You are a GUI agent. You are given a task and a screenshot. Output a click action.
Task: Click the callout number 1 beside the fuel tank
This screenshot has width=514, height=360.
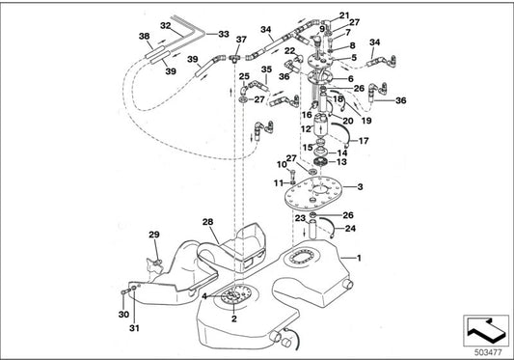pos(360,259)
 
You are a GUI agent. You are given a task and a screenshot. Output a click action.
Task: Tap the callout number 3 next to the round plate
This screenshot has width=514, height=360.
pos(360,186)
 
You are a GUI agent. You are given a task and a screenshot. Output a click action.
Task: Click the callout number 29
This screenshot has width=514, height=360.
pos(153,235)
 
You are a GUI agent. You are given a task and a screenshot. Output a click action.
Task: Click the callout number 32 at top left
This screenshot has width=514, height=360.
pos(165,25)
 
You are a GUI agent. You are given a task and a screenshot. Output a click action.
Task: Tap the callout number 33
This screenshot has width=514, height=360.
pos(224,34)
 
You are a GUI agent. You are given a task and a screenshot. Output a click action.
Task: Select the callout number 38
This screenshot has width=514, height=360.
pos(145,38)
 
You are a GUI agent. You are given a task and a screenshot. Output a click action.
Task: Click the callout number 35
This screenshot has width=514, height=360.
pos(266,69)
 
